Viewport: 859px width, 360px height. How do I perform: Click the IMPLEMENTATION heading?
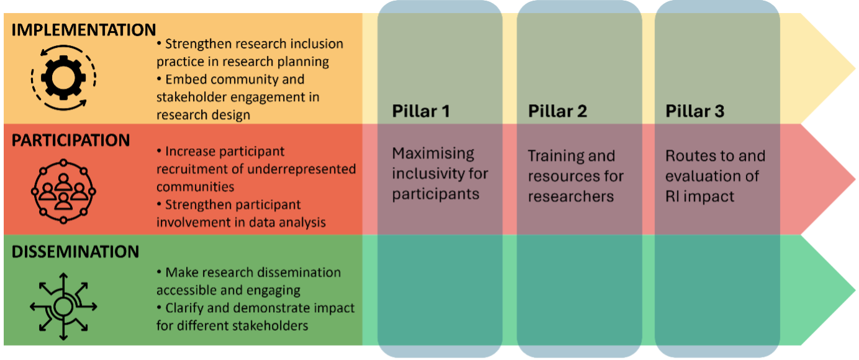click(84, 30)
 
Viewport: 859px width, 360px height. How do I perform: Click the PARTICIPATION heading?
click(71, 141)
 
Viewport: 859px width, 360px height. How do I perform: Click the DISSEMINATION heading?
click(75, 252)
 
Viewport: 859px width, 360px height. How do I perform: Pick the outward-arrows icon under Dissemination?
click(62, 306)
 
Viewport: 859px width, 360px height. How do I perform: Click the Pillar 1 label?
click(421, 112)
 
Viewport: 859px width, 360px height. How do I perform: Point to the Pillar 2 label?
click(557, 112)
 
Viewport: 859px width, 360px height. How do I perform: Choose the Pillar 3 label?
click(695, 112)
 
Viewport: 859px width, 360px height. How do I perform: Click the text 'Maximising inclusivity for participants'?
click(440, 174)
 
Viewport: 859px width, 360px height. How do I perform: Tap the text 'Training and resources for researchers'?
click(575, 176)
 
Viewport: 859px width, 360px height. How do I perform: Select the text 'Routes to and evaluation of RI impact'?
click(715, 176)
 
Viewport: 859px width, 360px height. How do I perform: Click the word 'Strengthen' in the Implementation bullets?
click(197, 45)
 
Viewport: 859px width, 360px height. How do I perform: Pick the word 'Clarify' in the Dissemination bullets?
click(186, 308)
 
